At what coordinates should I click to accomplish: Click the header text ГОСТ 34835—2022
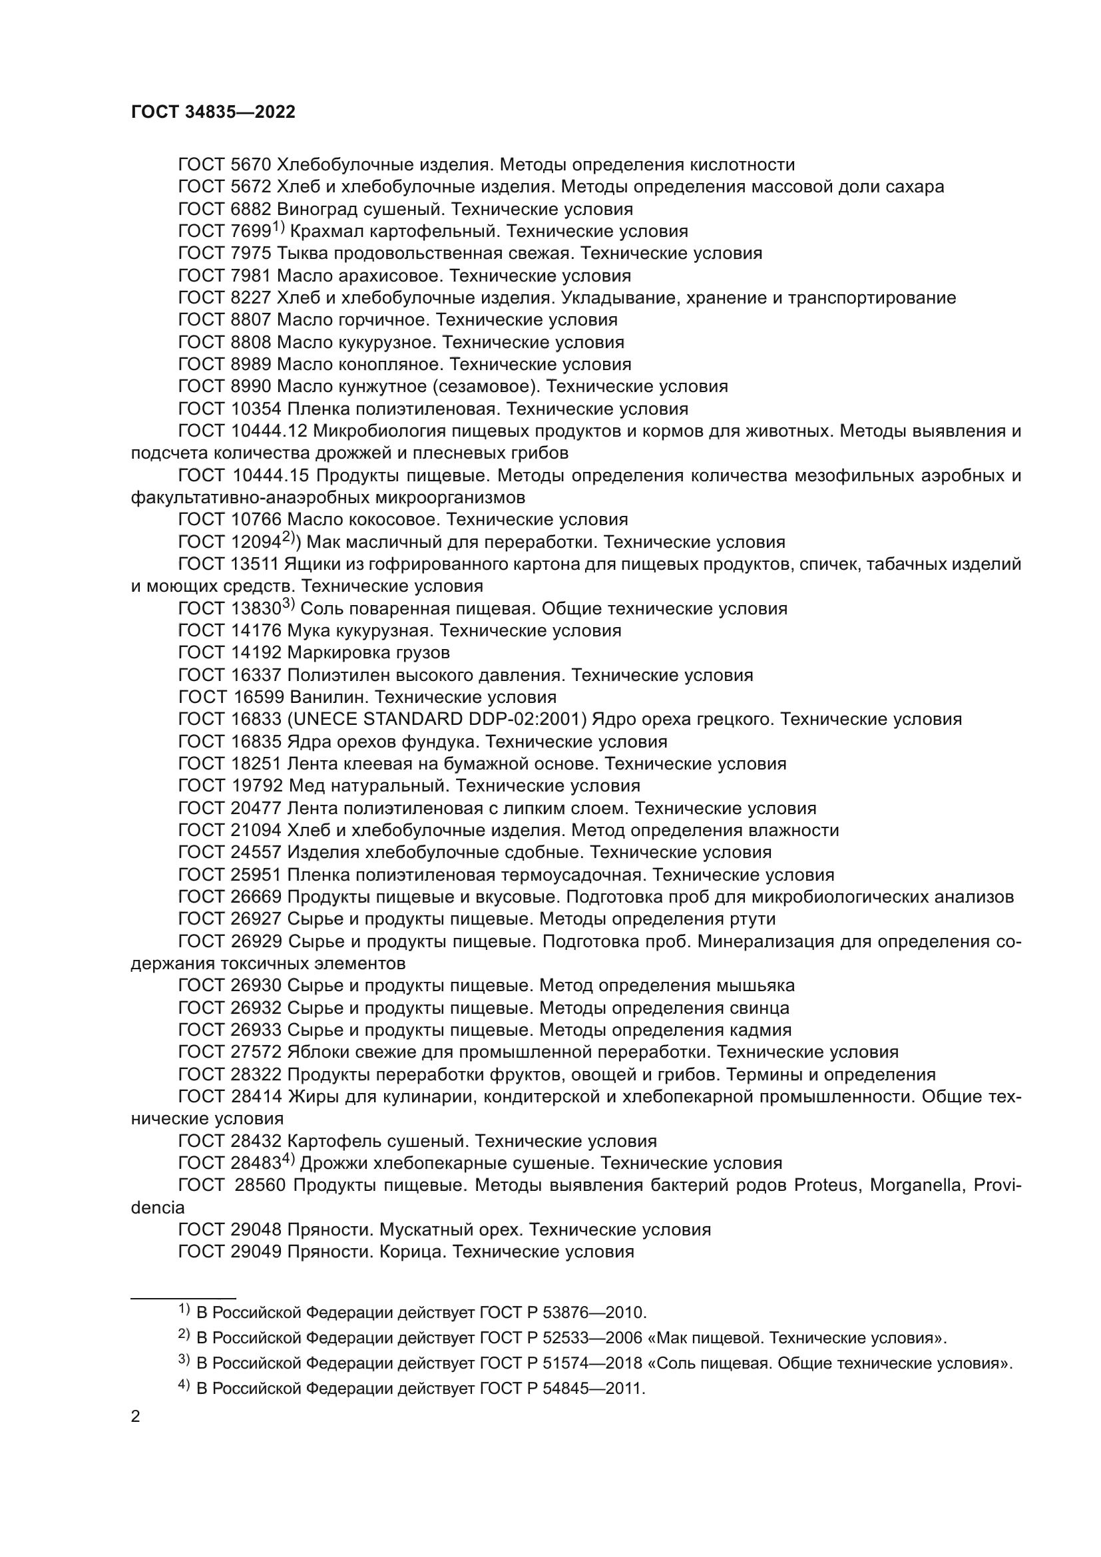click(x=213, y=112)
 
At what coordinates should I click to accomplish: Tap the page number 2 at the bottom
click(x=136, y=1417)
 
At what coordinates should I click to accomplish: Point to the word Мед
click(x=303, y=786)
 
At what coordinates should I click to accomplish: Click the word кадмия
click(x=759, y=1029)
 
